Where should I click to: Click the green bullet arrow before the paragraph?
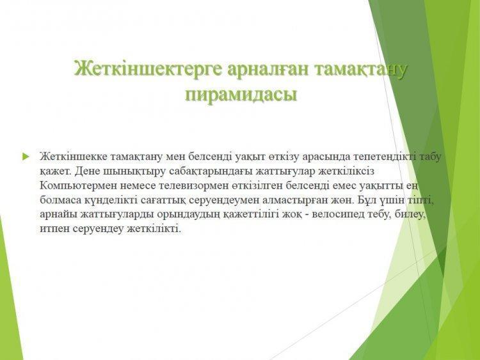(26, 157)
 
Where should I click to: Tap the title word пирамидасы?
(241, 95)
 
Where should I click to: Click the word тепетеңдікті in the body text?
(385, 156)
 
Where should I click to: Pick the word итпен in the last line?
(55, 229)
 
